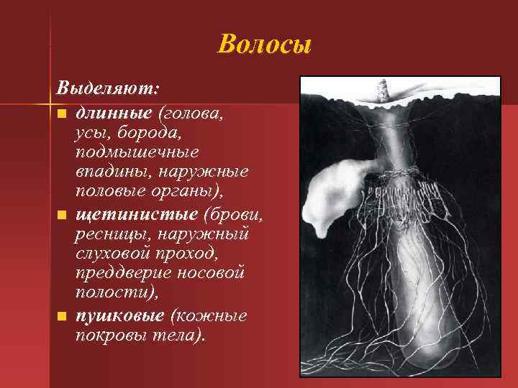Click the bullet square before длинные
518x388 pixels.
[x=63, y=114]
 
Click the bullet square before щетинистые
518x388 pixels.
[x=63, y=215]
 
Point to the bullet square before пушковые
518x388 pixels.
[x=63, y=316]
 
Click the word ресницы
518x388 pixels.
[x=108, y=234]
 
